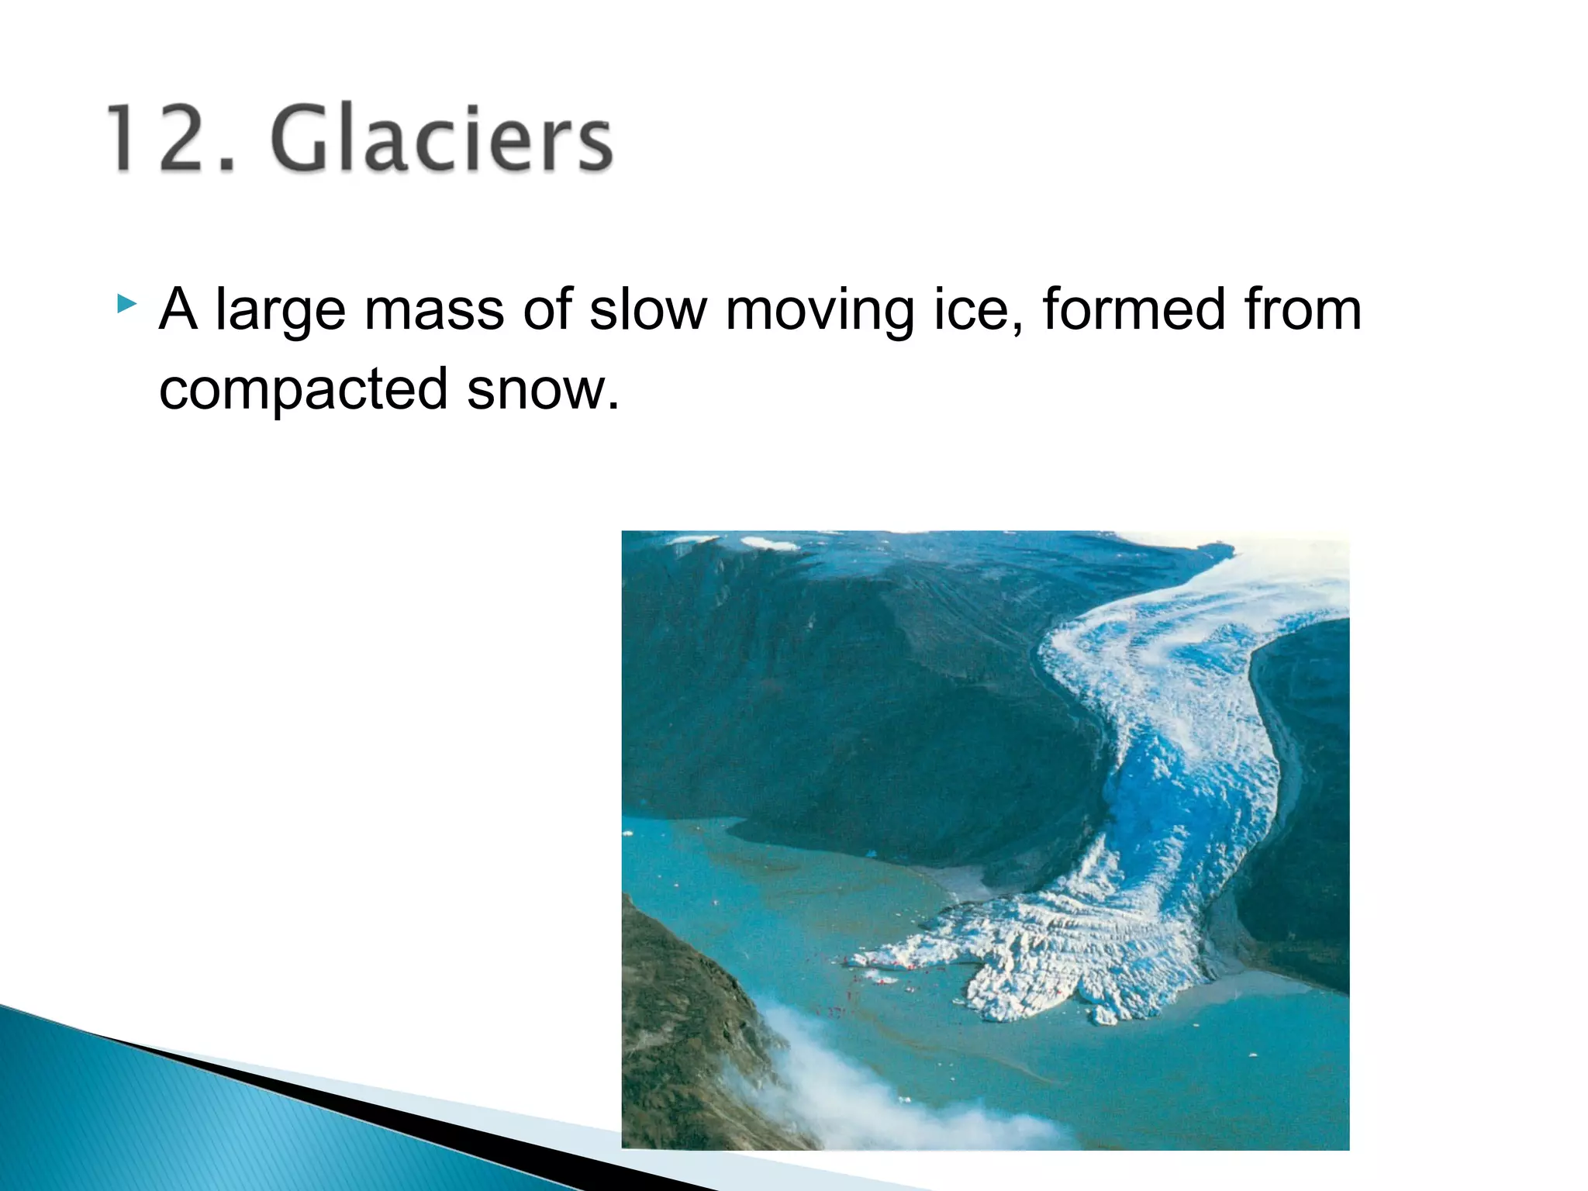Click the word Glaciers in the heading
click(442, 140)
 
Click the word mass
click(434, 310)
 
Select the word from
click(1303, 310)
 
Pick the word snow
click(535, 390)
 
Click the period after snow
click(613, 406)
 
